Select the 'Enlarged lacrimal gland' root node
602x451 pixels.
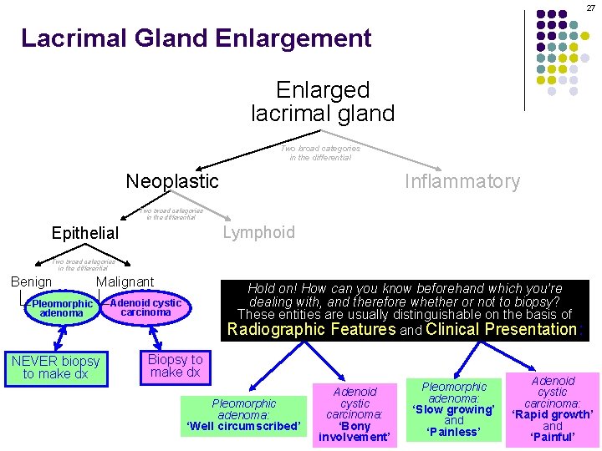click(x=322, y=100)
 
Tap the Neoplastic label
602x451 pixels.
click(x=171, y=181)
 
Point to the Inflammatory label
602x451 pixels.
click(x=462, y=181)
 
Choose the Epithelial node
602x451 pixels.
click(x=85, y=233)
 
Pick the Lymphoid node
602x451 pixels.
click(x=258, y=232)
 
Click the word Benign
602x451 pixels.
click(x=31, y=282)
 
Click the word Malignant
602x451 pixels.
click(x=125, y=282)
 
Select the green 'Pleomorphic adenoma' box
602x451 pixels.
click(x=61, y=308)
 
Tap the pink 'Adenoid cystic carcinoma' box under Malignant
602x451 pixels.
click(x=145, y=307)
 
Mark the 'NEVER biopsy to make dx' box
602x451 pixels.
click(x=55, y=367)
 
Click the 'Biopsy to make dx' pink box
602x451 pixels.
click(x=175, y=366)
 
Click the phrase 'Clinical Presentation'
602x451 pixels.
click(x=502, y=329)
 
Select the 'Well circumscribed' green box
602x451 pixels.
click(x=243, y=415)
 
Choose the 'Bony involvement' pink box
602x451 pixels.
click(x=355, y=414)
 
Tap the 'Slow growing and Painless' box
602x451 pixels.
click(x=454, y=409)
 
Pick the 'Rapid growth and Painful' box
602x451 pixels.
click(x=553, y=408)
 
